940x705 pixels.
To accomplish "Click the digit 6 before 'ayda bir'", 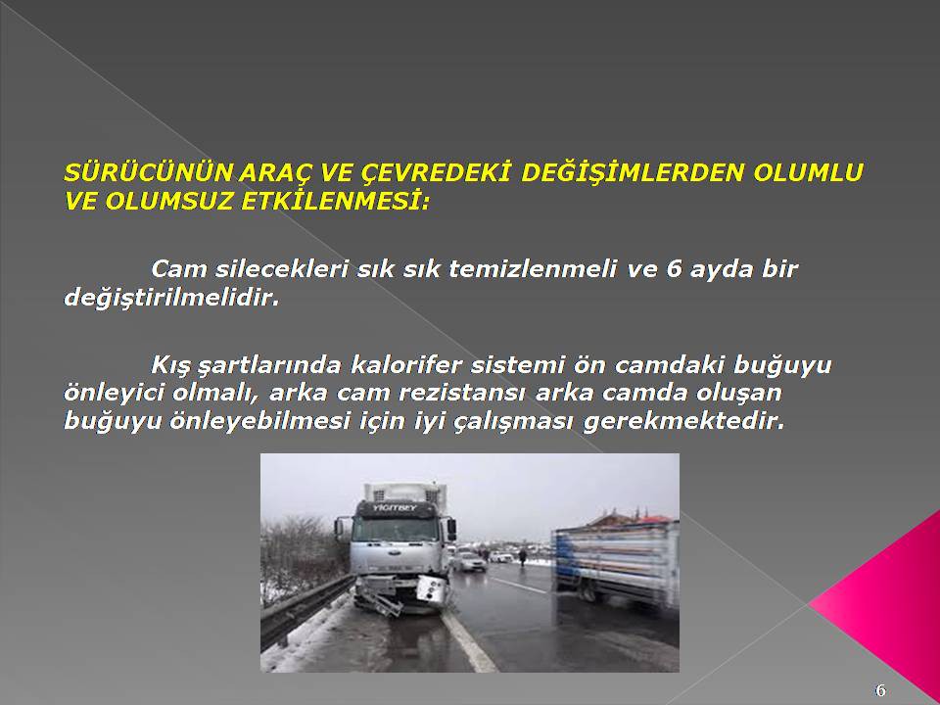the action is (x=674, y=268).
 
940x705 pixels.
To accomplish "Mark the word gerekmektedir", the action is (x=683, y=422).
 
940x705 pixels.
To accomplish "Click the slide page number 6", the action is (x=880, y=690).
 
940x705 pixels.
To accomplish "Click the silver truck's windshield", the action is (x=397, y=530).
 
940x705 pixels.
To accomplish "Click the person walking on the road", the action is (x=522, y=556).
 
